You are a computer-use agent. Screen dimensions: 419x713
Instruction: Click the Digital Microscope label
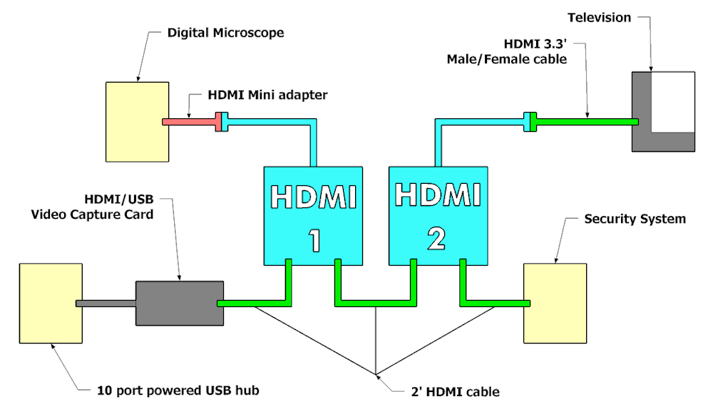point(225,33)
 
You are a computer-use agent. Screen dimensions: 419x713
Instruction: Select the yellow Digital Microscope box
point(138,121)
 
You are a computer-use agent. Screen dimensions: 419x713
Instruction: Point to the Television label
point(599,17)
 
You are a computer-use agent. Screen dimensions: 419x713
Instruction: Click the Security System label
point(635,219)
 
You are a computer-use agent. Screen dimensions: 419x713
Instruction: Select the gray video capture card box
point(176,303)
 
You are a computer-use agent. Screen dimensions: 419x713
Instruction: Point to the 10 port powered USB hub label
point(166,391)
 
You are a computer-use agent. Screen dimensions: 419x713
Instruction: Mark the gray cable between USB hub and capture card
point(106,304)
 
